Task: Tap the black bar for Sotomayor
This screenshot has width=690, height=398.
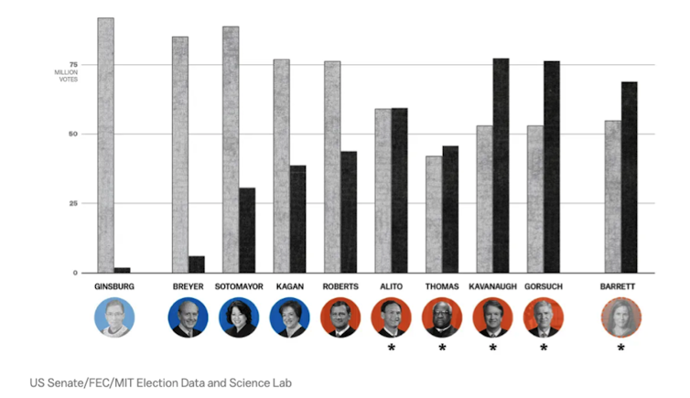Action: pos(247,230)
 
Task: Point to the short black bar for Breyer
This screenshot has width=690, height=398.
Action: pos(197,264)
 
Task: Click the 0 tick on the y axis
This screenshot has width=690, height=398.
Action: pos(76,273)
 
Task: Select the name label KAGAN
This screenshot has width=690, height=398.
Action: pos(289,287)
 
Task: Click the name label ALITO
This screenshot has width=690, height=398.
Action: pos(391,287)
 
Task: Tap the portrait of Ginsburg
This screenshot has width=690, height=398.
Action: pos(114,317)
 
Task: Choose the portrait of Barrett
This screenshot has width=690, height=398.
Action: pos(620,317)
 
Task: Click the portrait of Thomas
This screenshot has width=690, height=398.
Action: pos(442,317)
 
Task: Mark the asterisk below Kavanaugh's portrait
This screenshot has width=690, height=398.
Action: pos(492,349)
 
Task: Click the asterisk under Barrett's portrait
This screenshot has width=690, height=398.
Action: pos(620,349)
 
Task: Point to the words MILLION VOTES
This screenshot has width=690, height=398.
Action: pos(66,76)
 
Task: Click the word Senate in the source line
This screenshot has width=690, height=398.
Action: pos(63,382)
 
